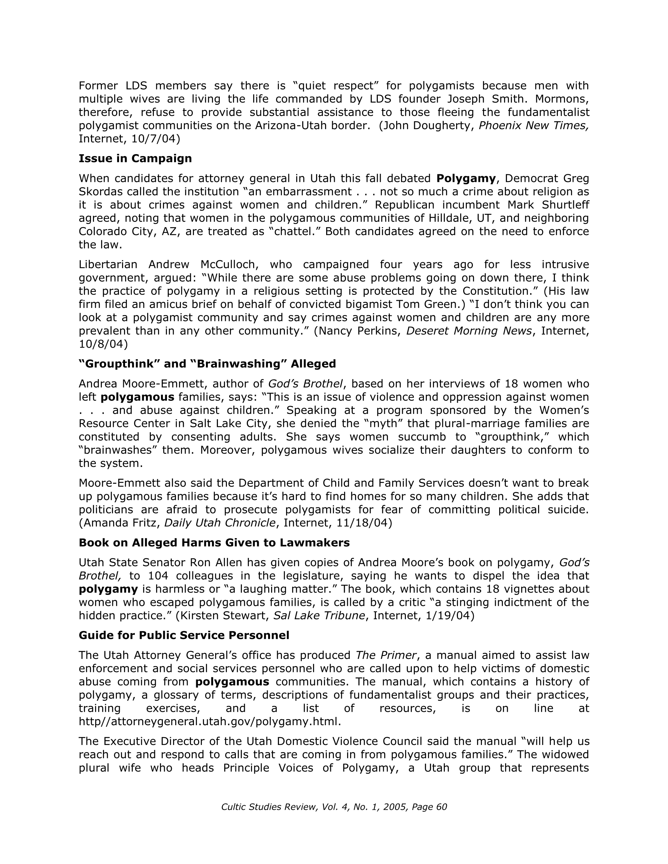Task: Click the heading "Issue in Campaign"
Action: coord(135,159)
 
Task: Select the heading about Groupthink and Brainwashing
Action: coord(207,364)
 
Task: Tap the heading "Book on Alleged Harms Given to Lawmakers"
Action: coord(214,543)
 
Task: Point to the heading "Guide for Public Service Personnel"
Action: coord(184,635)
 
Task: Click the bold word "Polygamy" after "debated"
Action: coord(466,179)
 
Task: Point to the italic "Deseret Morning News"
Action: coord(469,331)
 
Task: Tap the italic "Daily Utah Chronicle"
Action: coord(220,523)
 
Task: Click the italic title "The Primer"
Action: coord(386,656)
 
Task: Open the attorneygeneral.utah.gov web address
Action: coord(210,721)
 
